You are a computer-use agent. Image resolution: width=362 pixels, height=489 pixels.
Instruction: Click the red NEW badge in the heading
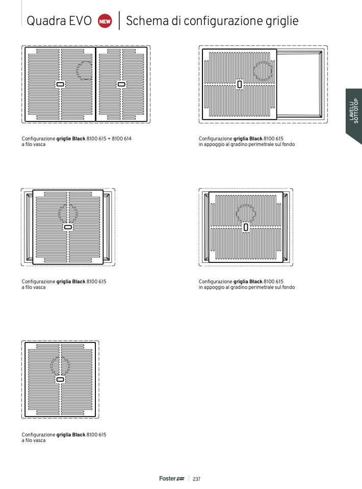click(105, 21)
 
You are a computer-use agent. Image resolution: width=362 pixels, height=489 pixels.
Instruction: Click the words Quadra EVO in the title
click(59, 21)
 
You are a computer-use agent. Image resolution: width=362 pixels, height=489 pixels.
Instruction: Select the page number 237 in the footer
click(197, 479)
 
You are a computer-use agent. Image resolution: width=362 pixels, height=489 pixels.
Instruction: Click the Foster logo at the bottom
click(172, 478)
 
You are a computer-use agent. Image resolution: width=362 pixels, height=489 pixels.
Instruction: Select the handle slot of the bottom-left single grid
click(60, 380)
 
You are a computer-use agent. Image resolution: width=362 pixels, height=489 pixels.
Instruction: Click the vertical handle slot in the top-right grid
click(240, 84)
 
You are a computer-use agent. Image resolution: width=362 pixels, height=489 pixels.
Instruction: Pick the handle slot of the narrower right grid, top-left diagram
click(121, 84)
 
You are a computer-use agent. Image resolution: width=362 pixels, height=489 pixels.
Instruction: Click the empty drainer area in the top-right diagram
click(299, 84)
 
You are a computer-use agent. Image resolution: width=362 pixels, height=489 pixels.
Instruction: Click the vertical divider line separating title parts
click(119, 20)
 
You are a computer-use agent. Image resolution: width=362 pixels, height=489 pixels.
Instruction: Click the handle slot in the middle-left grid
click(68, 227)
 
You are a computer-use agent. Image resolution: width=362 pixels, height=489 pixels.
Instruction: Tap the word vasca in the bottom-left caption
click(39, 441)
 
